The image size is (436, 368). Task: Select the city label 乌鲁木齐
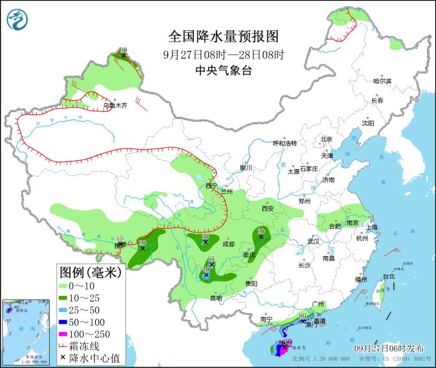pyautogui.click(x=115, y=106)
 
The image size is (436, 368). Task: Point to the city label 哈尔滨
pyautogui.click(x=382, y=81)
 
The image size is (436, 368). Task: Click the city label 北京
pyautogui.click(x=326, y=139)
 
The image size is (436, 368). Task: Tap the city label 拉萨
pyautogui.click(x=120, y=246)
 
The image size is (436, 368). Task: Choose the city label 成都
pyautogui.click(x=228, y=244)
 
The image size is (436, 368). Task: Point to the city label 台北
pyautogui.click(x=388, y=276)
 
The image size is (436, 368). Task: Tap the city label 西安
pyautogui.click(x=268, y=209)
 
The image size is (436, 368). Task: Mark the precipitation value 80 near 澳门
pyautogui.click(x=302, y=316)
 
